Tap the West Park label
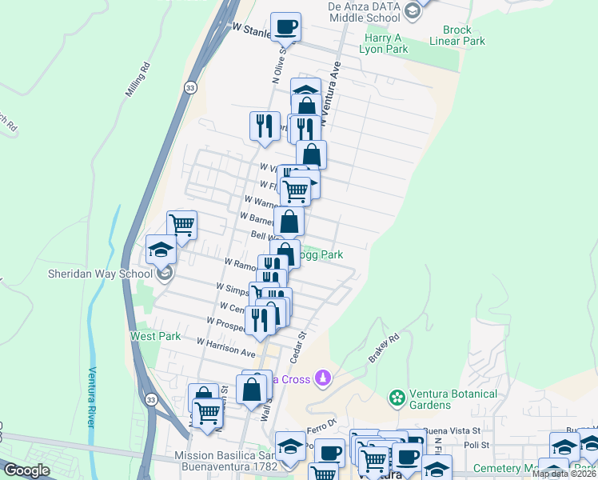click(x=155, y=337)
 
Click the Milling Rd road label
click(x=138, y=80)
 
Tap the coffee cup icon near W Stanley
click(x=286, y=27)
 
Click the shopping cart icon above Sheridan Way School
click(x=182, y=225)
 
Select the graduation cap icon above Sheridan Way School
click(x=161, y=249)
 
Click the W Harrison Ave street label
click(x=229, y=348)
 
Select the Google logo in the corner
click(x=26, y=470)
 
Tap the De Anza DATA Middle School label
click(x=364, y=11)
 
